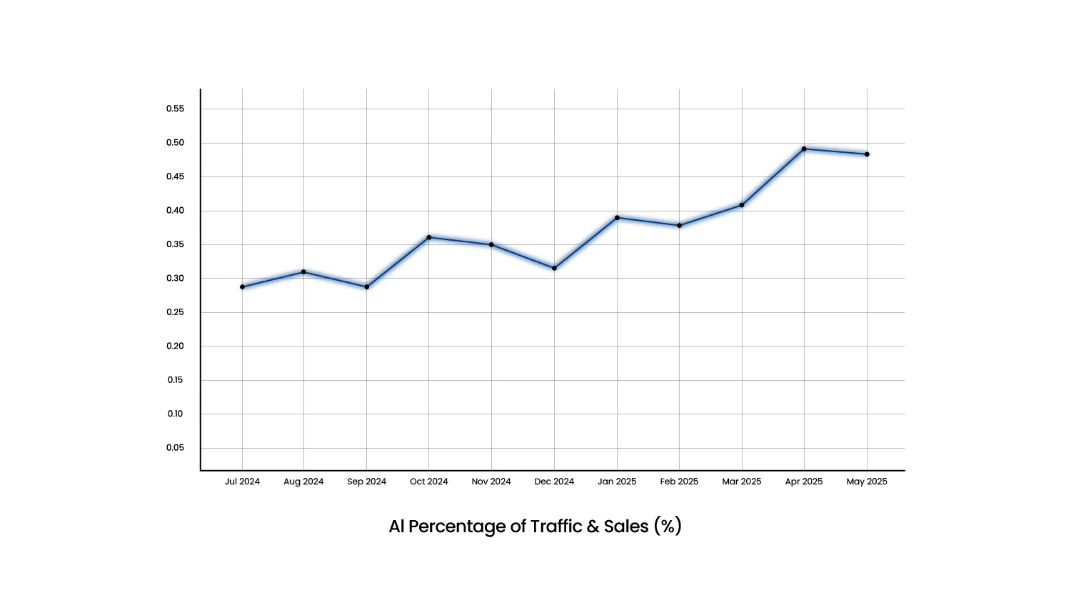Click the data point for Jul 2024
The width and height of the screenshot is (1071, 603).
coord(242,286)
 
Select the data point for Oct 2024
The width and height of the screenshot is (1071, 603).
coord(429,237)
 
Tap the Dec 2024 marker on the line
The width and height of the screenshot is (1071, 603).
coord(554,268)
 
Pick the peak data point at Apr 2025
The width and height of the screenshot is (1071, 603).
coord(804,149)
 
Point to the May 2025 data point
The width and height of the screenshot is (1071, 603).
coord(867,154)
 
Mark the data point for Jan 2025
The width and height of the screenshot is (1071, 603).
coord(617,217)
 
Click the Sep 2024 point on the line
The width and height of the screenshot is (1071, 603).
coord(367,286)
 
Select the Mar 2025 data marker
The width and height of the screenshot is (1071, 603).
coord(742,205)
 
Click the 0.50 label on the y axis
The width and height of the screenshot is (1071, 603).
coord(175,143)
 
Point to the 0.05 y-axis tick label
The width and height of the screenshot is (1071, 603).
coord(175,448)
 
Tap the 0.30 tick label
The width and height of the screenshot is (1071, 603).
coord(175,279)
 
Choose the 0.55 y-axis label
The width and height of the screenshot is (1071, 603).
coord(175,109)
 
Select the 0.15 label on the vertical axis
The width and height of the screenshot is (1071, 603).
coord(175,380)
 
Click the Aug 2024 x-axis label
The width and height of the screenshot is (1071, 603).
coord(303,482)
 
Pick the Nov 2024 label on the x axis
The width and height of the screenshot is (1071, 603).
coord(491,482)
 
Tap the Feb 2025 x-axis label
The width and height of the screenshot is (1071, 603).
coord(679,482)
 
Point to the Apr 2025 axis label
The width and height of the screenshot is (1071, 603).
coord(804,482)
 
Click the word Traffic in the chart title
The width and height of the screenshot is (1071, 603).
coord(556,527)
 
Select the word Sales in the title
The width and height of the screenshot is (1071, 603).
coord(626,527)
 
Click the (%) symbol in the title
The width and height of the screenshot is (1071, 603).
coord(668,527)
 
